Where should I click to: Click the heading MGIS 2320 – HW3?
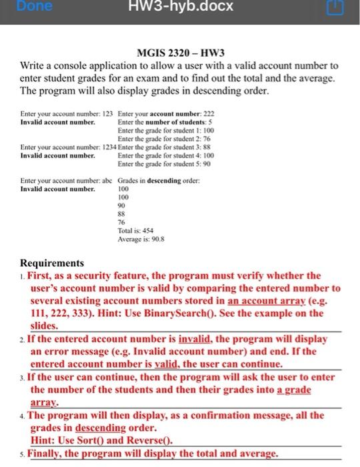click(180, 54)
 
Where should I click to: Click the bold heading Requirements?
click(53, 263)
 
